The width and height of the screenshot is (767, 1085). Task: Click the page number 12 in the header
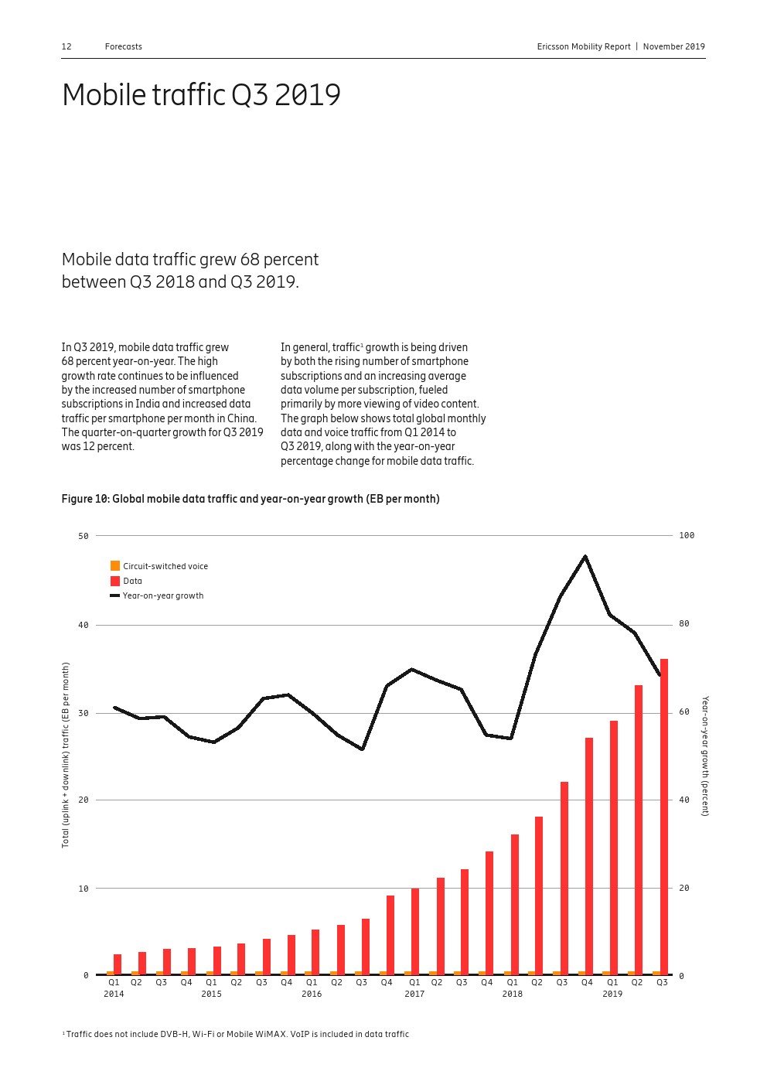coord(66,46)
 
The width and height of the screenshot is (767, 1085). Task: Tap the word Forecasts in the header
coord(124,46)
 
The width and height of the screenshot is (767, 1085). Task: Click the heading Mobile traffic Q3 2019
coord(201,95)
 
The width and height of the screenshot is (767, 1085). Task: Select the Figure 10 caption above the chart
coord(251,499)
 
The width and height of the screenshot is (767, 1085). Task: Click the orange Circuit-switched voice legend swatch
coord(115,566)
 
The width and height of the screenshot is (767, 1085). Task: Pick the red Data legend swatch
coord(115,581)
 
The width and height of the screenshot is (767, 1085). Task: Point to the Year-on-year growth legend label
coord(163,595)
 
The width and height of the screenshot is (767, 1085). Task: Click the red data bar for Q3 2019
coord(664,816)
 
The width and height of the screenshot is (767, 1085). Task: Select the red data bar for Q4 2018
coord(589,855)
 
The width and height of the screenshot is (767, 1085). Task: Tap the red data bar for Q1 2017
coord(415,931)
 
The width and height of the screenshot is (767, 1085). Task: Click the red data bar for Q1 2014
coord(118,964)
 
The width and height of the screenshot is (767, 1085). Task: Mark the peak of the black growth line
coord(585,556)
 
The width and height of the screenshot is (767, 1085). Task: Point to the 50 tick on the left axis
coord(84,536)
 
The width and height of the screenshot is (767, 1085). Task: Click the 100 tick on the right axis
coord(687,535)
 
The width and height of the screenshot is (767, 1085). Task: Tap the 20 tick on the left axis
coord(84,800)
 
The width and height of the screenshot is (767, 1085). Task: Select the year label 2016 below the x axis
coord(312,994)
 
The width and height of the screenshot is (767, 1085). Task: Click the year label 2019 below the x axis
coord(612,994)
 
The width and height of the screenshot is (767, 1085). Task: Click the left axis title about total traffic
coord(66,755)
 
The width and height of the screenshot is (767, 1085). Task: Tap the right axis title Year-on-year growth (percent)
coord(704,756)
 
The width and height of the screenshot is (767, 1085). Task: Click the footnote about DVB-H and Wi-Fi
coord(237,1034)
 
